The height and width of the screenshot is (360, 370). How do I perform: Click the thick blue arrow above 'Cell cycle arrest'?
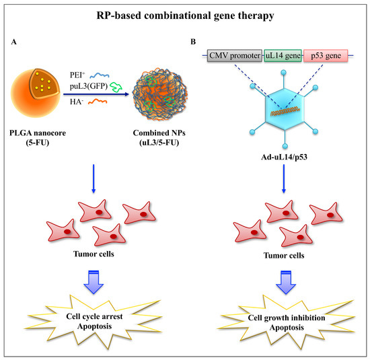tap(94, 279)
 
